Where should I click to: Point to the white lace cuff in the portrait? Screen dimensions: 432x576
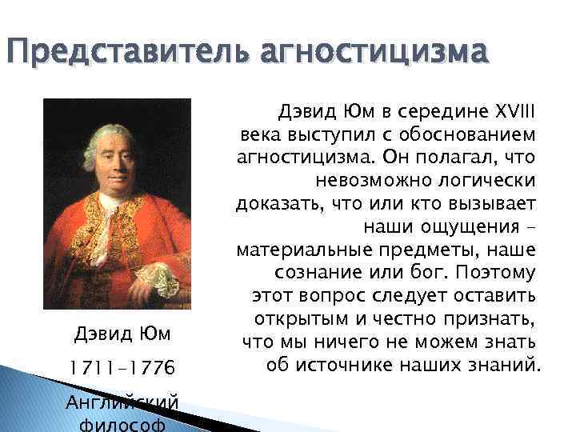pyautogui.click(x=164, y=276)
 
